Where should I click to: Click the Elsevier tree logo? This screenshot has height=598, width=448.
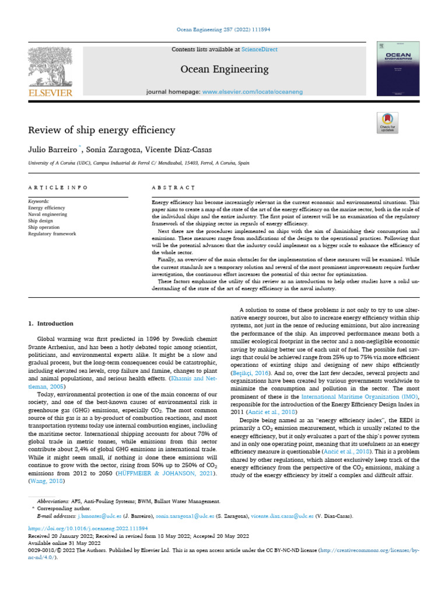(50, 69)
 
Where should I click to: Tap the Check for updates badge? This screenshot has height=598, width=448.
(387, 122)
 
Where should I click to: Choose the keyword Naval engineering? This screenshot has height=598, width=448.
(48, 214)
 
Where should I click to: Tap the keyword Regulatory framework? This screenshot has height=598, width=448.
(52, 234)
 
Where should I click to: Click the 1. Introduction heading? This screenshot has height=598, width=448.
(51, 323)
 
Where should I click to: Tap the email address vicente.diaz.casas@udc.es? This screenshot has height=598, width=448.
(282, 516)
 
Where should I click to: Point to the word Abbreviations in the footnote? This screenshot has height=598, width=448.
(51, 501)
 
